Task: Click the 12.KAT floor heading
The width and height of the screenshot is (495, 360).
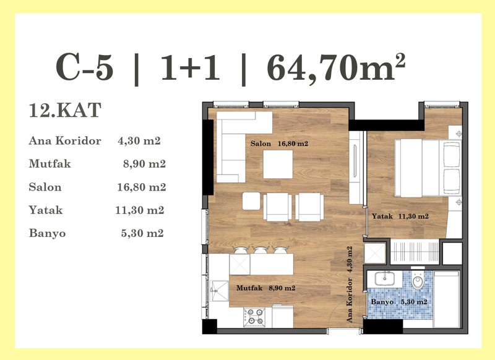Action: pos(65,110)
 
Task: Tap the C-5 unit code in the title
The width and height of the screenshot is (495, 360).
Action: pos(84,68)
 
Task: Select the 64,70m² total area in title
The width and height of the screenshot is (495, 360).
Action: pos(336,68)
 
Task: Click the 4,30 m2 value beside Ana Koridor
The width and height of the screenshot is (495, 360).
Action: pos(139,140)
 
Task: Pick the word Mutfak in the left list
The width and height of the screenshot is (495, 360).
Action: pos(50,164)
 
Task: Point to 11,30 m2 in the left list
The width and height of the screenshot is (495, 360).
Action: pos(140,210)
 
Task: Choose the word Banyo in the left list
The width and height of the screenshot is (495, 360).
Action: pos(48,233)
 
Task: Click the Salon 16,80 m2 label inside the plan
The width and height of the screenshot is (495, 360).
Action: pos(279,144)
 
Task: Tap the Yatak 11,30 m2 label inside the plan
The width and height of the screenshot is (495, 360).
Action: pos(400,216)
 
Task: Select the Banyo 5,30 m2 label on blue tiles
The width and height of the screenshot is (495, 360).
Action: pos(399,302)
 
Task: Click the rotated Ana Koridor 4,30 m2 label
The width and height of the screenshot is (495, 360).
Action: pos(349,284)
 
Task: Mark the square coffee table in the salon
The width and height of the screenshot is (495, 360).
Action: pos(278,165)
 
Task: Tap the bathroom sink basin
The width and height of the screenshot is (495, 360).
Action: pos(384,279)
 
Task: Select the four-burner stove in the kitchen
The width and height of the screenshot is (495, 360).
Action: pos(254,317)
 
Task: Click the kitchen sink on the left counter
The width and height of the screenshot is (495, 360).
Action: pos(220,291)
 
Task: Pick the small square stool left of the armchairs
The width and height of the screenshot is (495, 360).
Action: pos(251,201)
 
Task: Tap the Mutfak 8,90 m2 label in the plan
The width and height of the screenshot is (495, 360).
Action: pos(266,288)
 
